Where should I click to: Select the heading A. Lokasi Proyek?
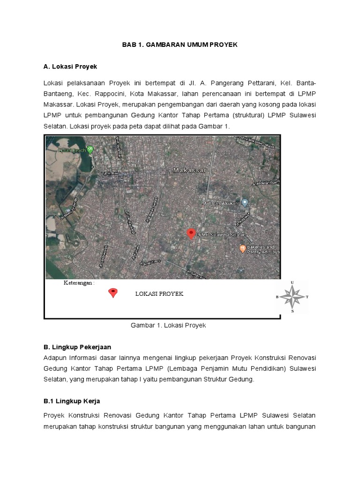click(70, 67)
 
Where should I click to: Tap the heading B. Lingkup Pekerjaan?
click(77, 347)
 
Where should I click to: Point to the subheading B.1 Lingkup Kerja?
click(72, 401)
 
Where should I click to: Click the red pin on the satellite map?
click(191, 233)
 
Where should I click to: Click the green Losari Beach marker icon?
click(90, 150)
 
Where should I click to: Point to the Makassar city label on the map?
click(189, 171)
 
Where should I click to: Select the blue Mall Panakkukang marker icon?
click(244, 202)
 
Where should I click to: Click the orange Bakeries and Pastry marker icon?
click(242, 249)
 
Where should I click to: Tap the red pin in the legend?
click(112, 293)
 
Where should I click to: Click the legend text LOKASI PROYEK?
click(159, 294)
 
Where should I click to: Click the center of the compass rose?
click(293, 297)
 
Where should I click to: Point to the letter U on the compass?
click(293, 282)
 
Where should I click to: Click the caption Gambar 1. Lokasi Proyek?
click(168, 325)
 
